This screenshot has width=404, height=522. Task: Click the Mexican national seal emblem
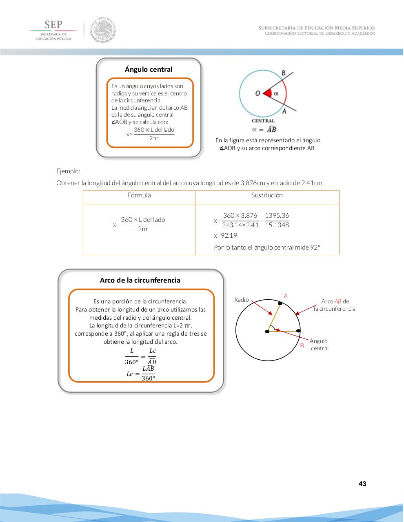point(103,30)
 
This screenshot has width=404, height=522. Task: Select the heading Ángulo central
point(149,69)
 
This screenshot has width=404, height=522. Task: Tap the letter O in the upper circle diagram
point(257,93)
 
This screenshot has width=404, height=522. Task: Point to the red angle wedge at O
point(268,93)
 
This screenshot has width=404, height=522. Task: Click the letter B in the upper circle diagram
point(284,73)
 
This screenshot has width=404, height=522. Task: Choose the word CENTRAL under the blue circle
point(263,121)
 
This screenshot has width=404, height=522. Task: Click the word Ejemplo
point(68,171)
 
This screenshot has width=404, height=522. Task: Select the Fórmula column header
point(139,195)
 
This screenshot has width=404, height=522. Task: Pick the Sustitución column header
point(267,195)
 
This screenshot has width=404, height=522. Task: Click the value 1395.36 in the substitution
point(277,215)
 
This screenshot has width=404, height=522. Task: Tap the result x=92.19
point(225,235)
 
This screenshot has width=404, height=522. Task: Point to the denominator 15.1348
point(277,225)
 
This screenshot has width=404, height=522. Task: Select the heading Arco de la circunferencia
point(140,280)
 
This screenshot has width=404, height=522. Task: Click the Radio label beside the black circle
point(242,300)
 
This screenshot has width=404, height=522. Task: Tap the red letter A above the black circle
point(286,296)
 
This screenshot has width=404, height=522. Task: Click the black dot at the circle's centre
point(267,331)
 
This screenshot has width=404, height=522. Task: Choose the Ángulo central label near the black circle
point(319,345)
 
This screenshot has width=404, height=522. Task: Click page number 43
point(362,484)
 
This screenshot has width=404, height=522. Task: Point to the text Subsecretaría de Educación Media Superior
point(317,28)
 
